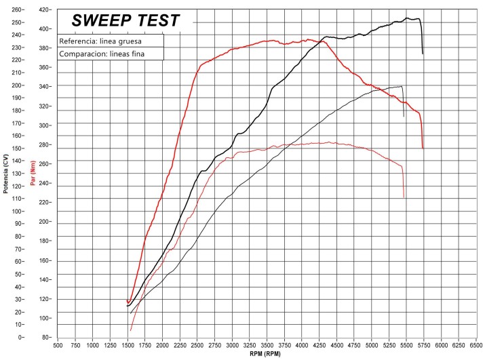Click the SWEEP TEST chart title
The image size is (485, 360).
click(126, 20)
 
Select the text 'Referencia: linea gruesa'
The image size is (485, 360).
click(100, 41)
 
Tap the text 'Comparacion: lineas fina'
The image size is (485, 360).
click(102, 54)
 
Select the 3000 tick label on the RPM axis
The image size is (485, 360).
click(233, 344)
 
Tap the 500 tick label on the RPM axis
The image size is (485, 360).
click(58, 344)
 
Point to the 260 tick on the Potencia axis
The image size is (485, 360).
click(16, 11)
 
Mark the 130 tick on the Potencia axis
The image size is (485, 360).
click(16, 174)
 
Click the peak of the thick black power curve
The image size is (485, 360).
click(408, 18)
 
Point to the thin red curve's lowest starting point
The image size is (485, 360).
click(131, 331)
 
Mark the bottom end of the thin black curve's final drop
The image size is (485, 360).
click(404, 117)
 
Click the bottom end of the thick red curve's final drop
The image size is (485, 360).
click(423, 148)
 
